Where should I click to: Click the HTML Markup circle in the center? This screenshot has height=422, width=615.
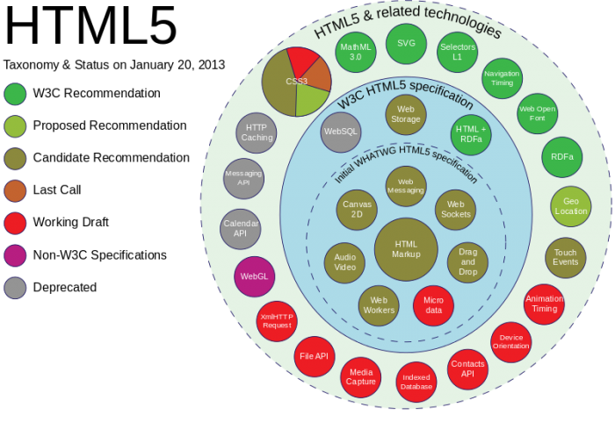tap(406, 249)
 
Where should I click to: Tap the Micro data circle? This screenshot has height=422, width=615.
tap(433, 305)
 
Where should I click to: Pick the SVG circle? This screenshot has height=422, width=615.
tap(406, 44)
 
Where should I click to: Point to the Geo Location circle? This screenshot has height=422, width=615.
tap(571, 206)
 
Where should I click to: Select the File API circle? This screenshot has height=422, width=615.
tap(314, 356)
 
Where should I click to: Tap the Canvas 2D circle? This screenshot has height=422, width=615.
tap(357, 210)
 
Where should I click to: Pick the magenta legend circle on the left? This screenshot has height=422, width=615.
tap(15, 255)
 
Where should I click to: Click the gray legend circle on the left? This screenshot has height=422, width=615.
tap(15, 288)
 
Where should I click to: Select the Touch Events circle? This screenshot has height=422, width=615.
tap(565, 258)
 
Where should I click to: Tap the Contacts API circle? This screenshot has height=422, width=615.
tap(467, 368)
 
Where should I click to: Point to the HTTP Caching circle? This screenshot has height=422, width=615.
tap(257, 132)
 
